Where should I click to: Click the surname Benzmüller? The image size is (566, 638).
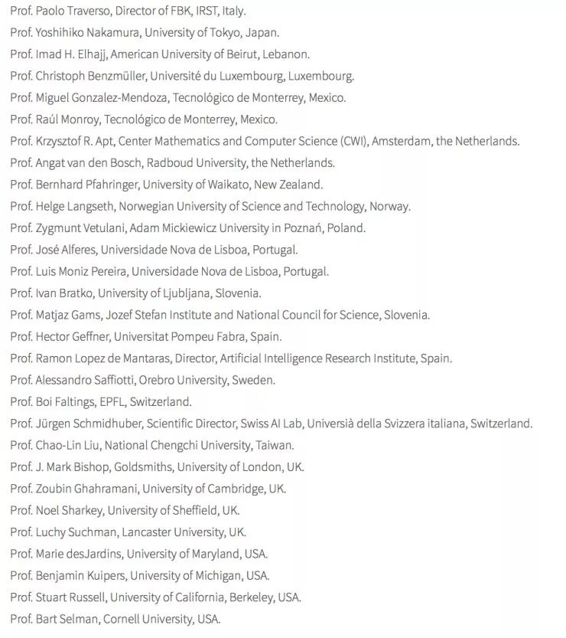pos(115,76)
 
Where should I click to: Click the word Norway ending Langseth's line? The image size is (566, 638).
pos(389,206)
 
